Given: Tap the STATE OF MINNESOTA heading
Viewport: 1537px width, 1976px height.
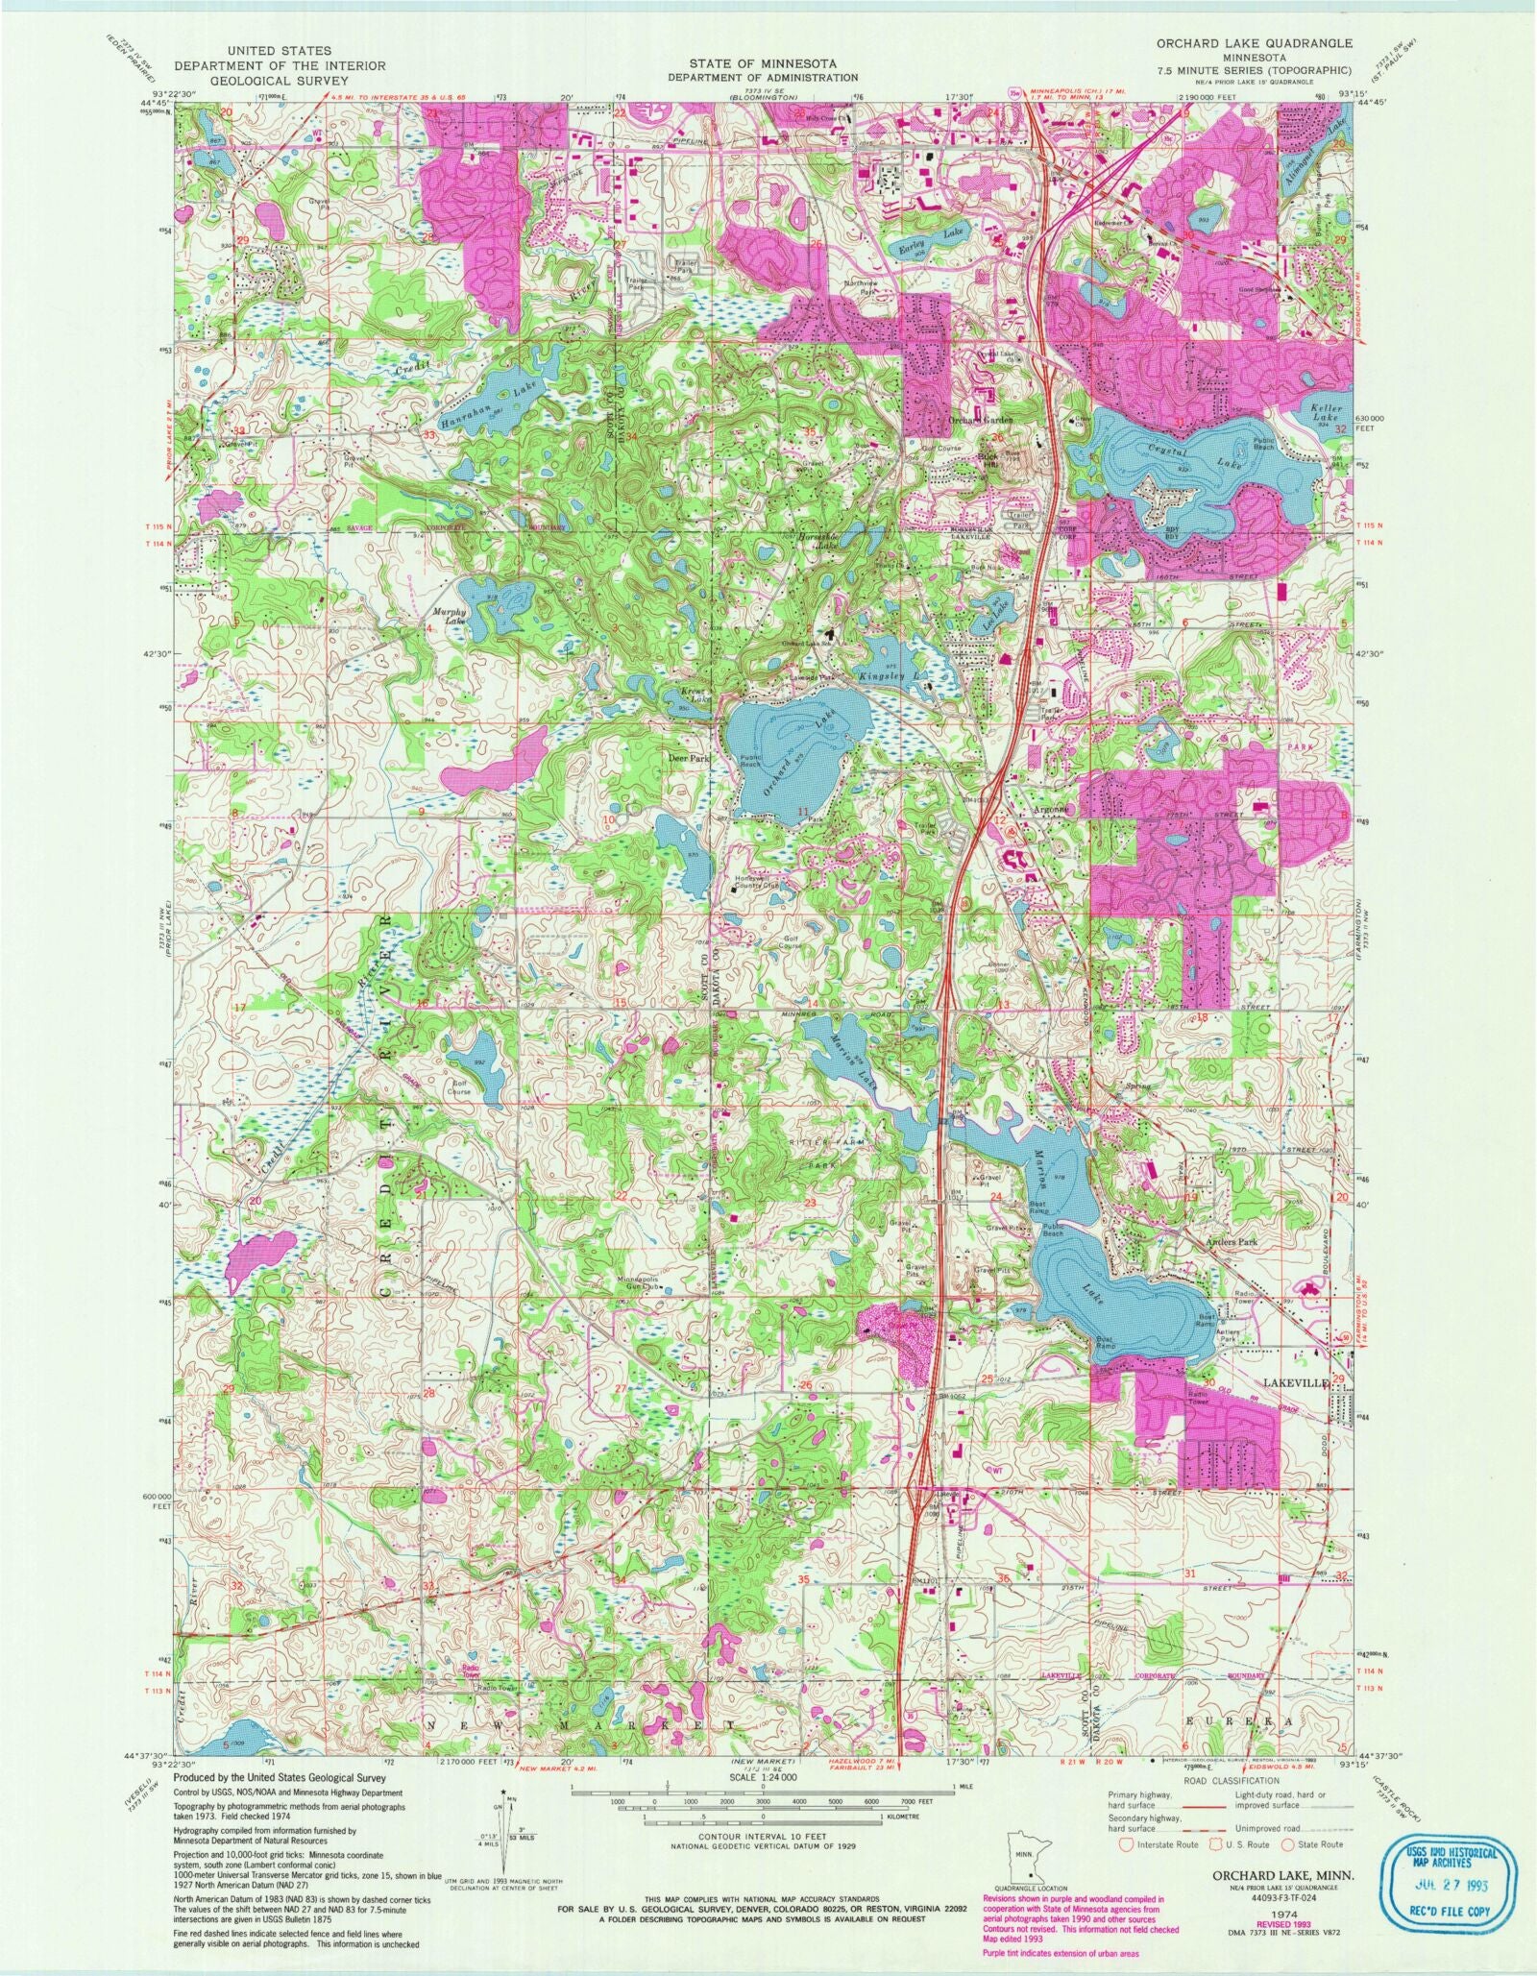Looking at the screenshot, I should click(x=764, y=64).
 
